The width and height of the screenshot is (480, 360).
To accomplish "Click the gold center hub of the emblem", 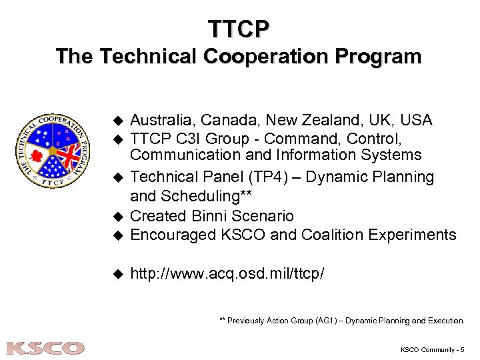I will pos(53,148).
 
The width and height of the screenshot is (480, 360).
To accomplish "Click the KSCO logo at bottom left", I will pos(45,348).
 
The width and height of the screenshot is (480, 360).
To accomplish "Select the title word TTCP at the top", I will pos(239,29).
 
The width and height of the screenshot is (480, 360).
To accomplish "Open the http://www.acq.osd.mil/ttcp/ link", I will pos(227,273).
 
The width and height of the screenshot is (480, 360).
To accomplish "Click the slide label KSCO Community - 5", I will pos(432,349).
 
